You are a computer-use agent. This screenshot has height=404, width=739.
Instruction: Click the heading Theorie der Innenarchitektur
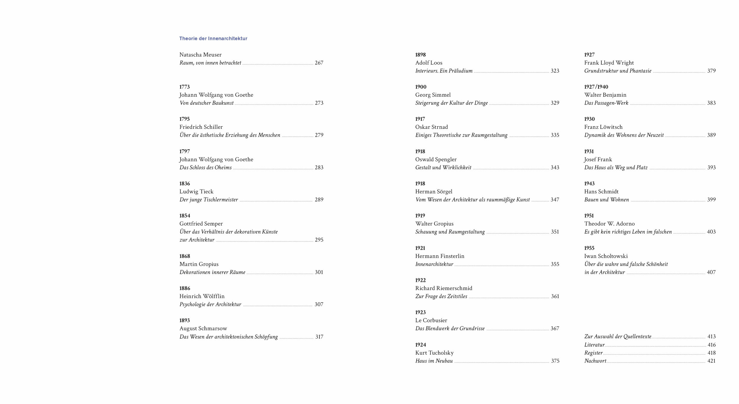pos(213,38)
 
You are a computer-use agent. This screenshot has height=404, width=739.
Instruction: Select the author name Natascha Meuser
pos(200,55)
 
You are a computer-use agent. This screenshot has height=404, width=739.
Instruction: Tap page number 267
pos(319,63)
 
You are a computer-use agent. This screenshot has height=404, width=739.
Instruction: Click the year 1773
pos(184,87)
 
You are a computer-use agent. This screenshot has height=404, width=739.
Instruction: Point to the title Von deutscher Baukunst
pos(207,103)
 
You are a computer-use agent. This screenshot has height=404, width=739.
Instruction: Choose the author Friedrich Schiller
pos(201,127)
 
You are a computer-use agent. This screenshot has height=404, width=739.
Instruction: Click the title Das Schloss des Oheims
pos(205,167)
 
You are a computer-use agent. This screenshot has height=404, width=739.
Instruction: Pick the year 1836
pos(184,184)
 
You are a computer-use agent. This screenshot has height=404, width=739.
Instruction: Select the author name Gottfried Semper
pos(201,224)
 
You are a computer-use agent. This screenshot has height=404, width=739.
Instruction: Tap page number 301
pos(319,272)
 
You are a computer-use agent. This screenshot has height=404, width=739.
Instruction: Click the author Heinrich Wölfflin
pos(202,296)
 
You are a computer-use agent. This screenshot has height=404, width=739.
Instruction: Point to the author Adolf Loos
pos(429,63)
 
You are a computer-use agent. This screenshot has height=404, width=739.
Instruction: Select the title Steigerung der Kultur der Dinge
pos(451,103)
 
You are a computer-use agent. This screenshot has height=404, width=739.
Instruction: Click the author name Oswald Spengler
pos(436,159)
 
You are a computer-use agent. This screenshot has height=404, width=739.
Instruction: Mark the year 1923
pos(420,312)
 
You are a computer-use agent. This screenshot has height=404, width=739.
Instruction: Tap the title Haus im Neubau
pos(434,361)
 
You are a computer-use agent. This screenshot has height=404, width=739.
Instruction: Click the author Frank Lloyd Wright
pos(609,63)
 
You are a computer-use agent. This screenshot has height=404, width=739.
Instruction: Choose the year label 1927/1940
pos(596,87)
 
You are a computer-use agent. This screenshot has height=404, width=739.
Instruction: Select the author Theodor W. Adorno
pos(609,224)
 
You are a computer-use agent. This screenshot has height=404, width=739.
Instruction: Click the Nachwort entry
pos(595,361)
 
